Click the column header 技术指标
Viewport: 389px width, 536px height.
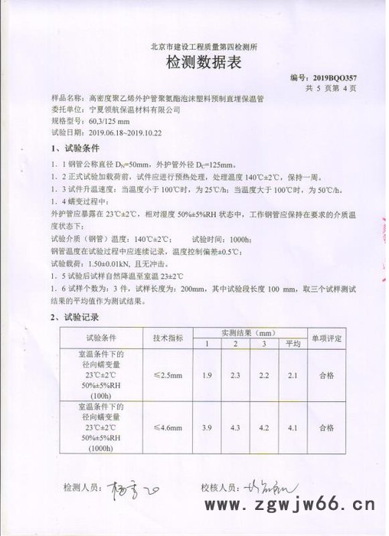point(168,337)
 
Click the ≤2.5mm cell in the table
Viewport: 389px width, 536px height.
point(168,374)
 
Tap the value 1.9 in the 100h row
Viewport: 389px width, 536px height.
point(207,374)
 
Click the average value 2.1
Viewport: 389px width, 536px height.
point(290,374)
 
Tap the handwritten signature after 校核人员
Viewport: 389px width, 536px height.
point(268,488)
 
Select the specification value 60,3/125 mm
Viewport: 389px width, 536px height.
point(105,121)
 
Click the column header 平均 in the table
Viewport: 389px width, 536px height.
point(290,343)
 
